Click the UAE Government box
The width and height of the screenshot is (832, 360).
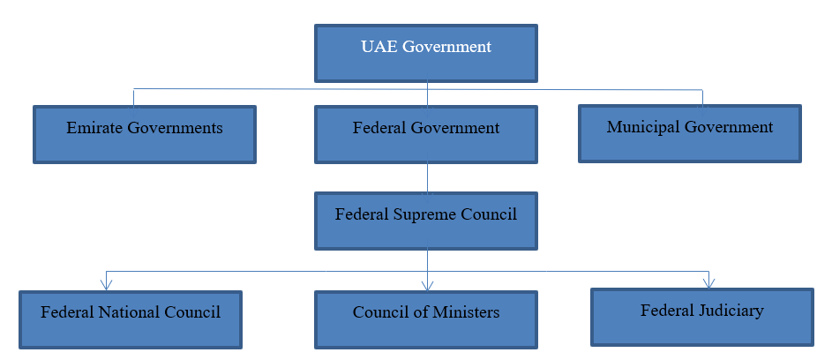(x=426, y=52)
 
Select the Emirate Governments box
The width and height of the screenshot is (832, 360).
(x=145, y=134)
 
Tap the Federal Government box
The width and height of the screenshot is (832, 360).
(x=426, y=134)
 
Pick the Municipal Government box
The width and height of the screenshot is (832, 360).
(x=690, y=133)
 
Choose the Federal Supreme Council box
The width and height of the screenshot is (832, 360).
(x=426, y=221)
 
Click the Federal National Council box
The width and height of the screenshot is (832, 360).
(x=131, y=319)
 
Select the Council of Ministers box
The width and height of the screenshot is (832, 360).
(x=426, y=319)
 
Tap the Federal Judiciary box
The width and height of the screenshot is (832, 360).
(x=702, y=317)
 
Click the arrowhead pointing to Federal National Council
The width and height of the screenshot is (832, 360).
(x=106, y=283)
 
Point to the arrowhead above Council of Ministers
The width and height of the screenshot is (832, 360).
(x=427, y=284)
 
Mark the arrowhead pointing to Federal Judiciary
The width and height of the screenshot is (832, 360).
(x=708, y=281)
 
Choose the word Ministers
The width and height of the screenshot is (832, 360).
(x=467, y=312)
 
